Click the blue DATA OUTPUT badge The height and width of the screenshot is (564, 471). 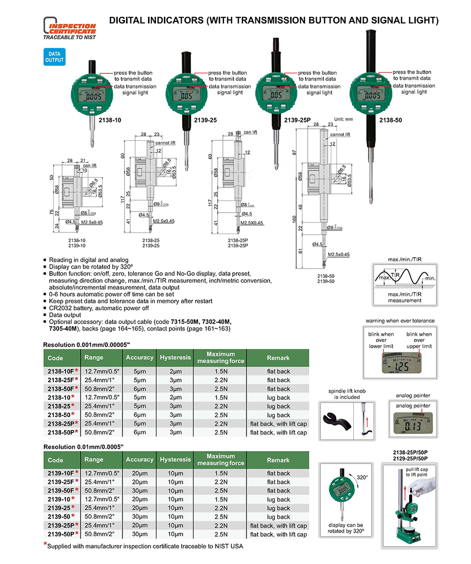[x=54, y=57]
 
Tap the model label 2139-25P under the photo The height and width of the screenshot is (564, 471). [x=297, y=120]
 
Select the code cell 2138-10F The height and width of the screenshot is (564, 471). [x=63, y=371]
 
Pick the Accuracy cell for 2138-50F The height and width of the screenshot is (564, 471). [x=140, y=389]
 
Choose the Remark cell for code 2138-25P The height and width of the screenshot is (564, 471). [x=278, y=424]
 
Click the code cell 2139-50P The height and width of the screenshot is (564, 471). [x=63, y=534]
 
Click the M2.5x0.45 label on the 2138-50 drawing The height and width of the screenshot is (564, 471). [x=338, y=255]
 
